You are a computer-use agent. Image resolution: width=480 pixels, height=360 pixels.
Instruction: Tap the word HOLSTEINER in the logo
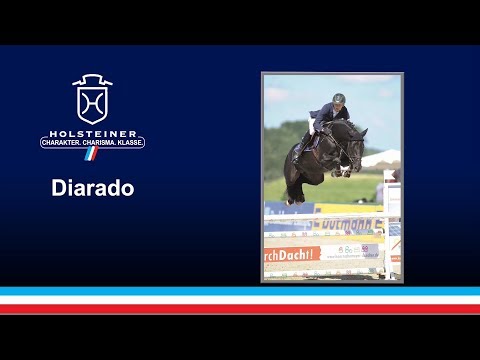pyautogui.click(x=92, y=131)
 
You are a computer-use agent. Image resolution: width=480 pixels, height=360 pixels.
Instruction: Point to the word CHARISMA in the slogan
pyautogui.click(x=98, y=143)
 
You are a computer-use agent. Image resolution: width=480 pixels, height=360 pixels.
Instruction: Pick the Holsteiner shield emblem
pyautogui.click(x=92, y=99)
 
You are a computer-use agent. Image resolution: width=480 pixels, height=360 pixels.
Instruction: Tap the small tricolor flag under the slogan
pyautogui.click(x=92, y=155)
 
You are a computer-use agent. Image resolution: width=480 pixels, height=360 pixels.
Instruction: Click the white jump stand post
pyautogui.click(x=392, y=225)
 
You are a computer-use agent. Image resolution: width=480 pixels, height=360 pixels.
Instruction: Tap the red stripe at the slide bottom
pyautogui.click(x=240, y=308)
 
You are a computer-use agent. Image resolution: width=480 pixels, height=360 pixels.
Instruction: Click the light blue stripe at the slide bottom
pyautogui.click(x=240, y=291)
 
